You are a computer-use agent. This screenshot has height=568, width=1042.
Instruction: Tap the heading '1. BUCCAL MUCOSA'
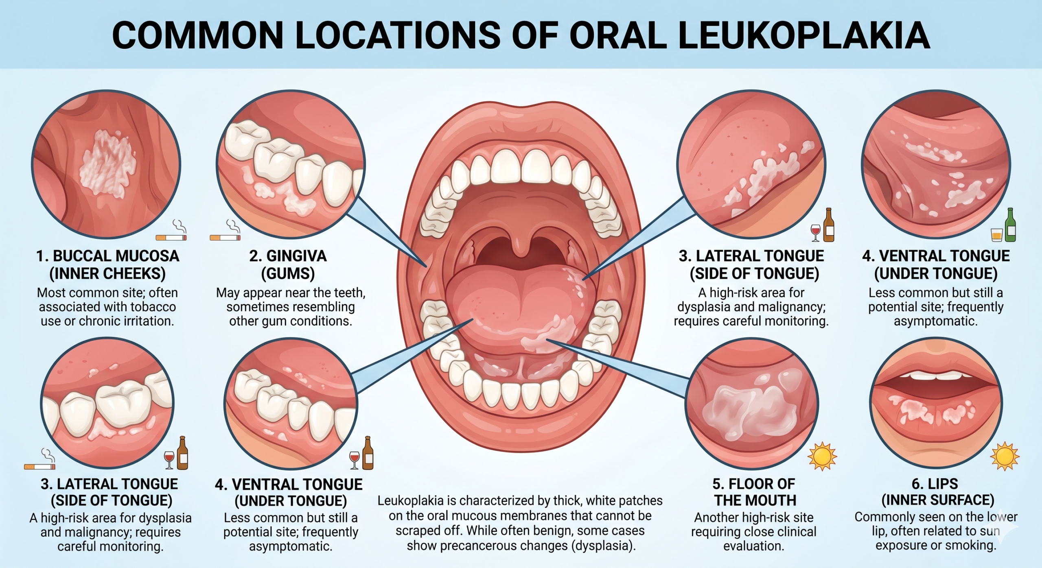click(x=108, y=256)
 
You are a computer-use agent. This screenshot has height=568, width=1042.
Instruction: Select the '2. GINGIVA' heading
click(x=288, y=256)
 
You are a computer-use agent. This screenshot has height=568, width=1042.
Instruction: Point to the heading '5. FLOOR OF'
click(x=754, y=484)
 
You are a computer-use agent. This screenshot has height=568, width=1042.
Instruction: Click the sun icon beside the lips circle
click(x=1005, y=456)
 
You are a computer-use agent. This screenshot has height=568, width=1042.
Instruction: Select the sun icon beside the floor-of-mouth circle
click(x=822, y=456)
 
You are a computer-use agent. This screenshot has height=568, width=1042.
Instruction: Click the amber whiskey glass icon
click(x=996, y=235)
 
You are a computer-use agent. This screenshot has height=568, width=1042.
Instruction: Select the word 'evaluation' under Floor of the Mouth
click(x=754, y=546)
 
